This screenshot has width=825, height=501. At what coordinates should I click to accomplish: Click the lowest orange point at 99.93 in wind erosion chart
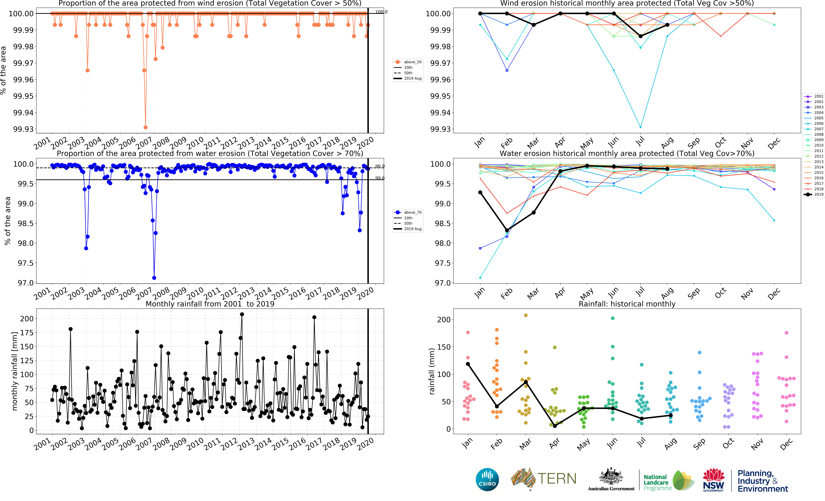click(145, 127)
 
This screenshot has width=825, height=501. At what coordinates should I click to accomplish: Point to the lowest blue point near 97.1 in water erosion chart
click(154, 278)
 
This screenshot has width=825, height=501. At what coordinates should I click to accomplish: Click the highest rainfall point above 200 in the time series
click(242, 314)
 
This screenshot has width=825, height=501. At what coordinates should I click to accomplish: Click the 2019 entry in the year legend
click(814, 194)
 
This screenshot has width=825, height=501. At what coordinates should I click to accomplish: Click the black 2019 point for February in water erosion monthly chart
click(507, 230)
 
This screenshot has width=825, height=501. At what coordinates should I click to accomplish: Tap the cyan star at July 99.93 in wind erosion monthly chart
click(640, 127)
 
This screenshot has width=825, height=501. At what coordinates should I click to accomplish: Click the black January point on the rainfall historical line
click(468, 364)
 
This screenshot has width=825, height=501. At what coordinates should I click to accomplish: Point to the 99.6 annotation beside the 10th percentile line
click(380, 178)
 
